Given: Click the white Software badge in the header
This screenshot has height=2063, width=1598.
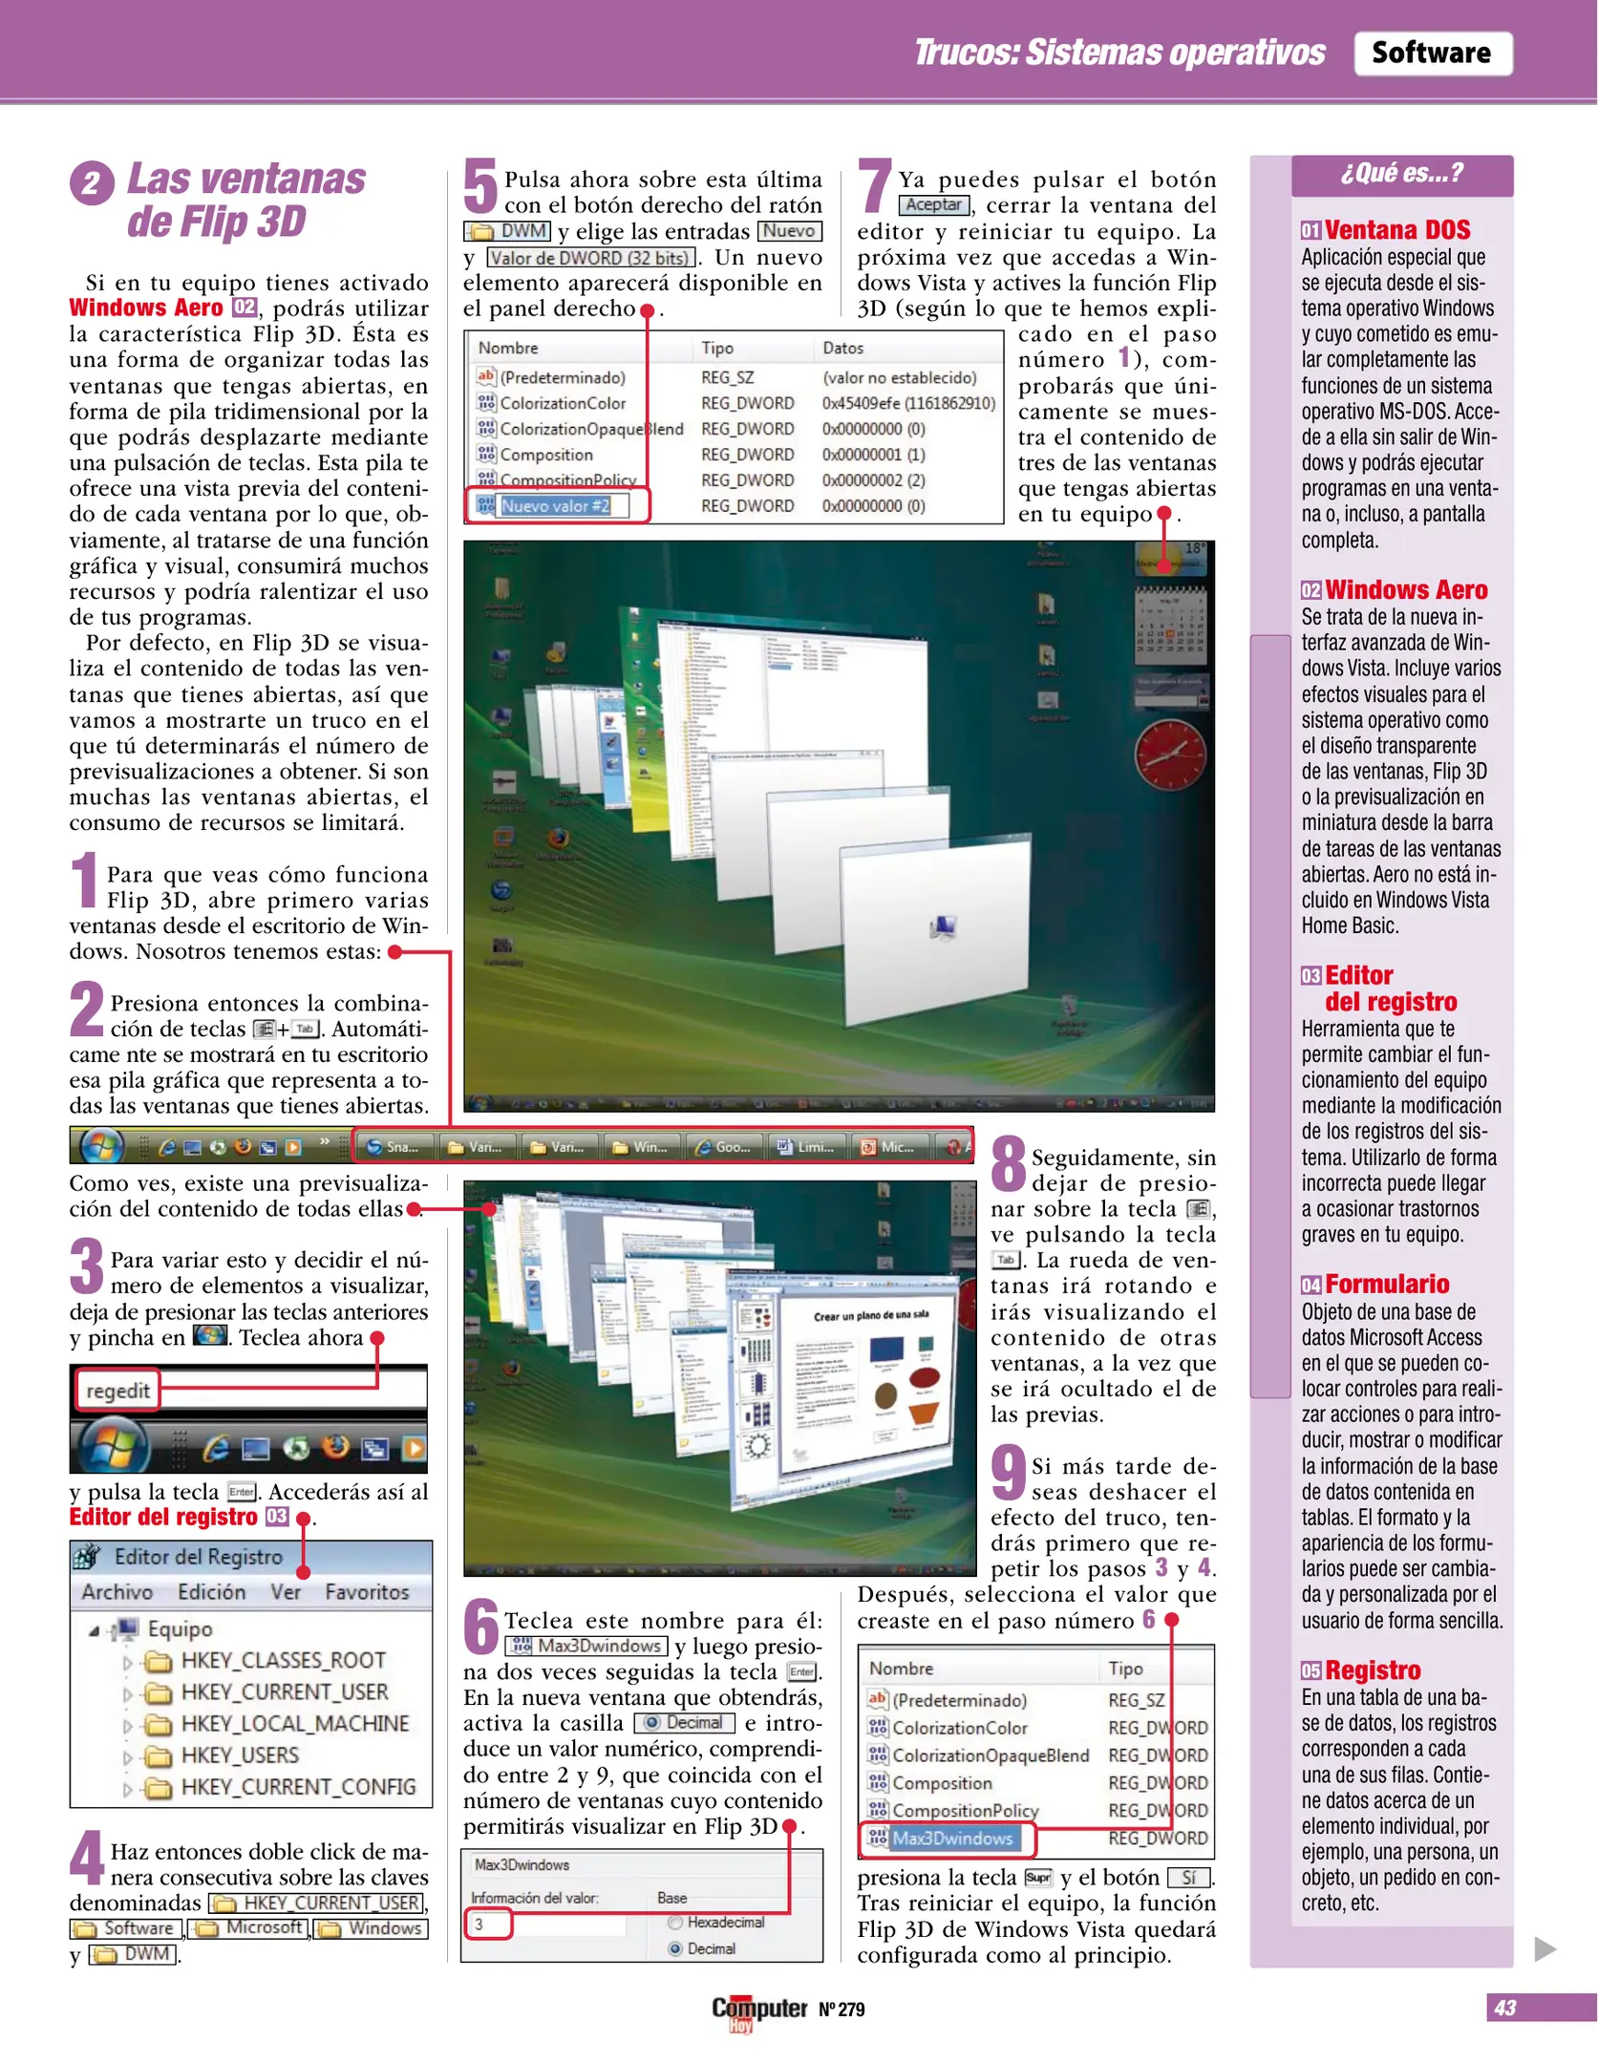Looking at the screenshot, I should (1431, 53).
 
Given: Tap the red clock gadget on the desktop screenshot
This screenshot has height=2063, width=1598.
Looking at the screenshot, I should (1169, 754).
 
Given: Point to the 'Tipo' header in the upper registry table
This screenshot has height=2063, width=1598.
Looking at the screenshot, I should (717, 348).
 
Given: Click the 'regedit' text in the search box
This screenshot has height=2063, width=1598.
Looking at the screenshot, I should (117, 1390).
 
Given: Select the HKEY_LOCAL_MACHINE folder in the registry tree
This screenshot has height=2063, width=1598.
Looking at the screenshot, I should (294, 1723).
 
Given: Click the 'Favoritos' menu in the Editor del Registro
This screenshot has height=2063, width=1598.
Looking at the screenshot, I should (366, 1591).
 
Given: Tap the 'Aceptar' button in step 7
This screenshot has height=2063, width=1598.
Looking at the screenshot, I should (933, 204).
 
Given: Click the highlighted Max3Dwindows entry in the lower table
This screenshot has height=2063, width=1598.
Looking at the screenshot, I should (951, 1838).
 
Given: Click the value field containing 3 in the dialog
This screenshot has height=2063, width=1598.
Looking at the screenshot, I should (489, 1924).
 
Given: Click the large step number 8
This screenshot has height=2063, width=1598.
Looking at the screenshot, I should (1009, 1163).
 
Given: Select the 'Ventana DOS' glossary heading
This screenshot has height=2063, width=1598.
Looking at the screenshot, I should (1396, 230).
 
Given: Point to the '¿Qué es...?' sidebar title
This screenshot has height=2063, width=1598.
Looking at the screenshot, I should (1401, 173).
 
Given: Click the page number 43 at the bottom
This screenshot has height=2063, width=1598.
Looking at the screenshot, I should (1505, 2008).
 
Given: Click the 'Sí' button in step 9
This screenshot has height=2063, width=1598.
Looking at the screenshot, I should (1188, 1877).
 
